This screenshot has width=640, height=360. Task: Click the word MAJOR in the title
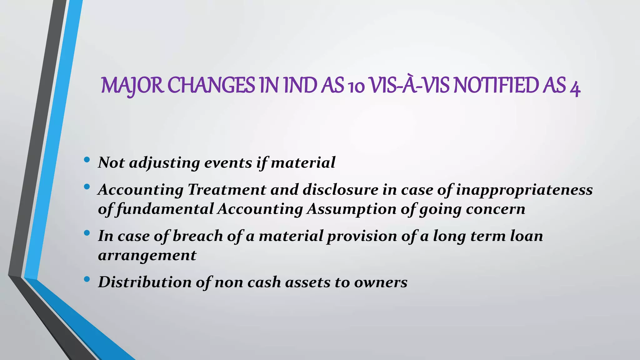pos(132,86)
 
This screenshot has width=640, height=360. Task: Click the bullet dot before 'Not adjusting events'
pos(87,160)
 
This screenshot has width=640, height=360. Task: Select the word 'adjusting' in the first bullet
pos(164,163)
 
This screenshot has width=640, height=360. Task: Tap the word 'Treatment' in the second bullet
pos(227,190)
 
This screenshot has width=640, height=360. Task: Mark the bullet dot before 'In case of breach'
pos(87,233)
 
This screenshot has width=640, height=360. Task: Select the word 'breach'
pos(197,236)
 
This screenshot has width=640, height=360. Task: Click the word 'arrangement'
pos(147,256)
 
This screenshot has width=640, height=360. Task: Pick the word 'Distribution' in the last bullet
pos(145,282)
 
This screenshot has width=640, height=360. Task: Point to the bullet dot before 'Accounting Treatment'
pos(87,187)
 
